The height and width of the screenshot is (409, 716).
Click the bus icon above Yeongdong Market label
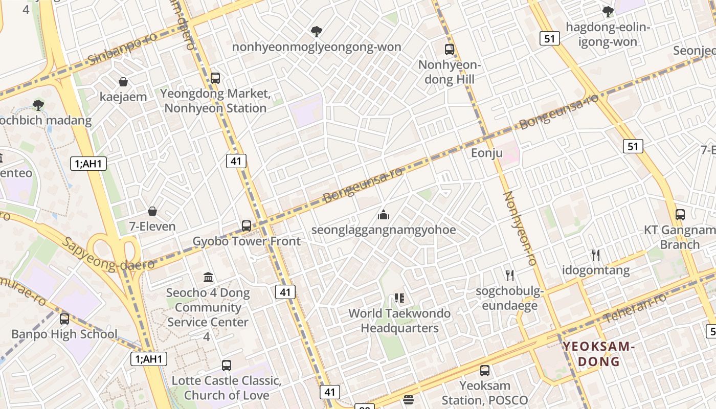coord(215,78)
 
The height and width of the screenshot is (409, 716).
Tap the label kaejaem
coord(123,97)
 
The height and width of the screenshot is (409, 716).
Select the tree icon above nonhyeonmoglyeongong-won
coord(317,32)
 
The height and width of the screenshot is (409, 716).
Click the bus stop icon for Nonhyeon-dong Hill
coord(450,50)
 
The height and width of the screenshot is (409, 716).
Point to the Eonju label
coord(483,153)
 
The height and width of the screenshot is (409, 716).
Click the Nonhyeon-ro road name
coord(520,228)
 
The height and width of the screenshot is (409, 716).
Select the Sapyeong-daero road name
coord(108,254)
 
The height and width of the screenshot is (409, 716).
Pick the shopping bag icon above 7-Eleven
coord(152,211)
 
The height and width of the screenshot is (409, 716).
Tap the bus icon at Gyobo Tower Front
coord(247,225)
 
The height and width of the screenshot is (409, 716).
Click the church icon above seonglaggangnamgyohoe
coord(384,215)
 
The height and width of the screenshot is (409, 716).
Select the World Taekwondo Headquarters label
coord(399,321)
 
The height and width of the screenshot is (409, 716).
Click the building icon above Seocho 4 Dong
coord(208,278)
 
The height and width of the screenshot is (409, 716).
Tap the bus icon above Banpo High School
coord(64,319)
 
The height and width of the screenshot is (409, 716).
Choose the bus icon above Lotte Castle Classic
coord(227,366)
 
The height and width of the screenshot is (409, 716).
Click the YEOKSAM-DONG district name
coord(598,354)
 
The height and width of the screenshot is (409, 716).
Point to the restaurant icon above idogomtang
coord(596,255)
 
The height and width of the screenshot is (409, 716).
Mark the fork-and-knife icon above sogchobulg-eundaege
coord(509,276)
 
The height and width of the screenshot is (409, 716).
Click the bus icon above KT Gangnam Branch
coord(680,215)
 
